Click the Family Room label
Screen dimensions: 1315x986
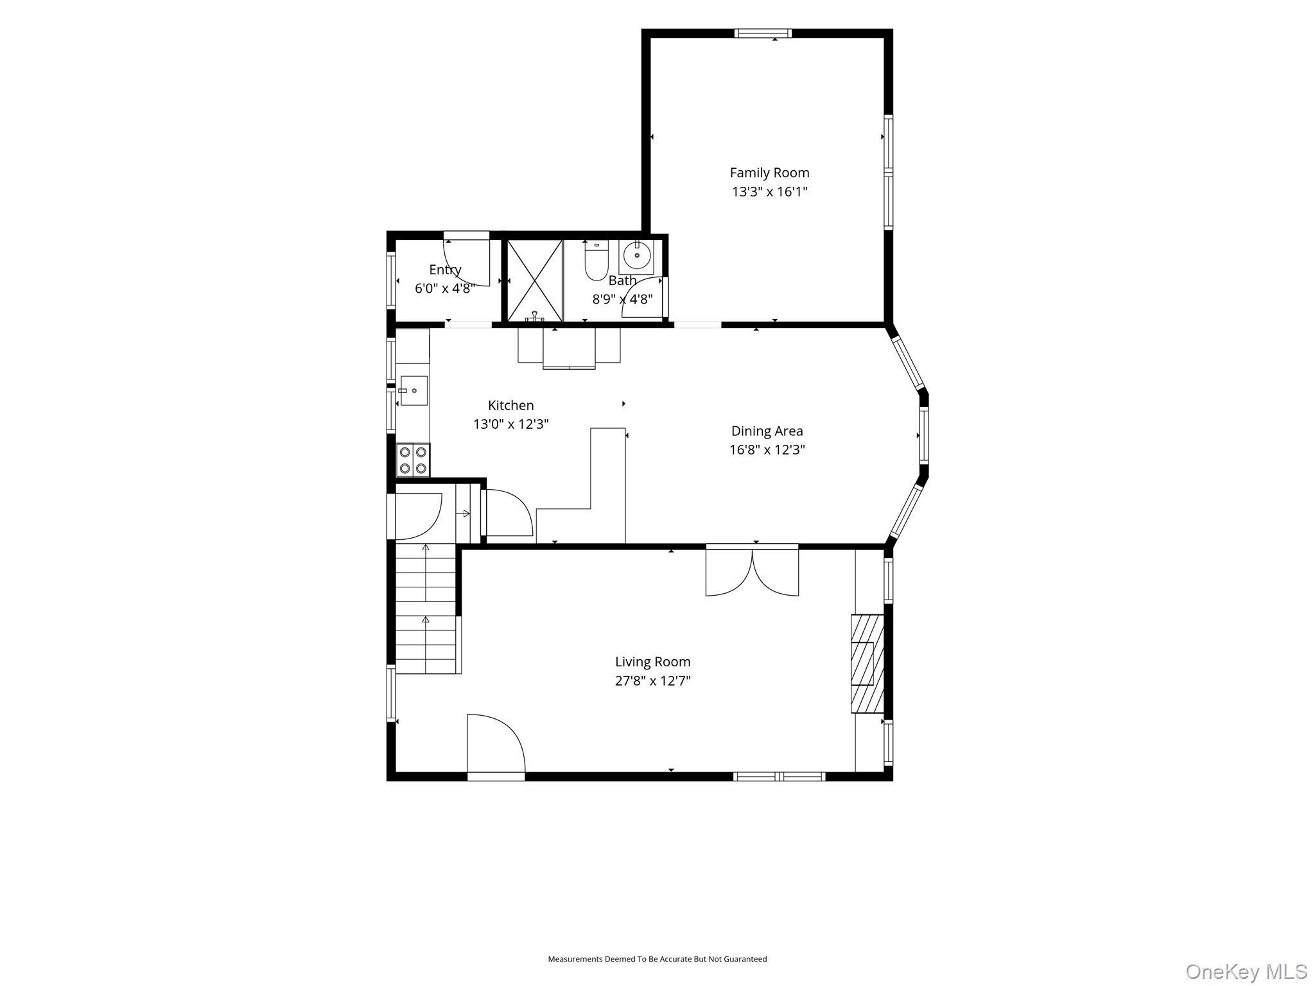tap(769, 173)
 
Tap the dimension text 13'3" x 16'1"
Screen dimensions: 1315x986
tap(769, 191)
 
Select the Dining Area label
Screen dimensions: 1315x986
tap(767, 431)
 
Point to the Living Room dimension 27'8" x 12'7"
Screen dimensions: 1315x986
tap(652, 680)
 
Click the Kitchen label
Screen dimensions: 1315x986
tap(510, 405)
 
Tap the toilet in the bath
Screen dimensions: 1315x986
tap(597, 261)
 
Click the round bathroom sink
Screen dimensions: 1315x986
tap(637, 256)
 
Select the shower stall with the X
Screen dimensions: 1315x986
tap(535, 281)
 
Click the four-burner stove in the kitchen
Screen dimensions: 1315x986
tap(413, 460)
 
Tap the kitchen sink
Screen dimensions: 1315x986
tap(413, 390)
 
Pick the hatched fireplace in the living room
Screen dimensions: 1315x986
tap(867, 664)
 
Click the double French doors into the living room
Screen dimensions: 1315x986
tap(752, 570)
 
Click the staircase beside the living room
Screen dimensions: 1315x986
tap(426, 609)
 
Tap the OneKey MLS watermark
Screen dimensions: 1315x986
tap(1246, 971)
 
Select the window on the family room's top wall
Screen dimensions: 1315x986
tap(763, 33)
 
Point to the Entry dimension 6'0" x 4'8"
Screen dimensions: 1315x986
tap(444, 288)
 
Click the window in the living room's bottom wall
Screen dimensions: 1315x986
tap(779, 777)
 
